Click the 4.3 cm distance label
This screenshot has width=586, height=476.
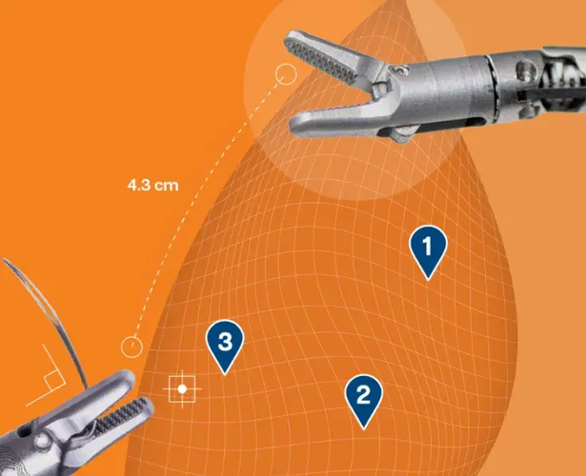152,186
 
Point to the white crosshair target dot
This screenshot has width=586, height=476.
182,389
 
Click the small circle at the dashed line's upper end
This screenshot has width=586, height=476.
286,74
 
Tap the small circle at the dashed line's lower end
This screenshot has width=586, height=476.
131,347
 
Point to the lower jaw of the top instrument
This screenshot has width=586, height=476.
336,119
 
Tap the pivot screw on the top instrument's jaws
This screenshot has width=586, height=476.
402,69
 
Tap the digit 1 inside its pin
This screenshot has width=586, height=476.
428,246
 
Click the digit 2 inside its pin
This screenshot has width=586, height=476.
364,395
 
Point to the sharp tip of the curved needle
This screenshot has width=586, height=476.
3,258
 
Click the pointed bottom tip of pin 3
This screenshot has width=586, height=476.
225,374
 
